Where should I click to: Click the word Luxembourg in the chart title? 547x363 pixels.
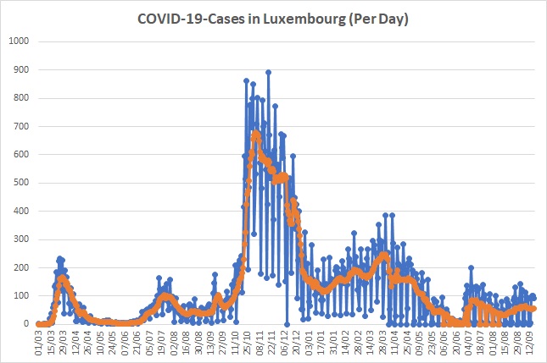coord(304,19)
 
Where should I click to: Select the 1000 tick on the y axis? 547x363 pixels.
coord(19,41)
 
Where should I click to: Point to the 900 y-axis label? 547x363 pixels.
coord(21,69)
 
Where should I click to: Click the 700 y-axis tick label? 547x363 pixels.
coord(21,126)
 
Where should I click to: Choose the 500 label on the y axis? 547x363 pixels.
coord(21,183)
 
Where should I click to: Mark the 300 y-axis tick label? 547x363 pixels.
coord(21,239)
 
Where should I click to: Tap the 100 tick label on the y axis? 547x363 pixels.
coord(21,296)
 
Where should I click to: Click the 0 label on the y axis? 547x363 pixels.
coord(26,324)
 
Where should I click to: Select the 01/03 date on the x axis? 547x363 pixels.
coord(38,343)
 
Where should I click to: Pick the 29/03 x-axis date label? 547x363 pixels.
coord(63,343)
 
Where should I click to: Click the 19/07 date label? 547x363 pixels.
coord(161,343)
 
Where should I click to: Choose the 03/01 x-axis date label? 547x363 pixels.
coord(308,343)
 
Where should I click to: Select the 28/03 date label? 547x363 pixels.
coord(382,343)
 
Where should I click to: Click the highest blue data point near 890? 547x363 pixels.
coord(268,73)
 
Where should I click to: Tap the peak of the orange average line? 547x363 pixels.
coord(256,133)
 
